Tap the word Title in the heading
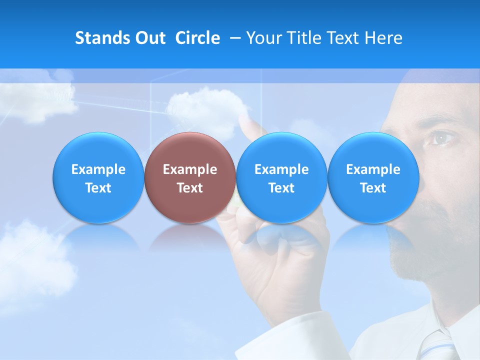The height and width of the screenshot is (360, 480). [306, 38]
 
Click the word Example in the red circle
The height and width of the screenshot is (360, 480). [190, 169]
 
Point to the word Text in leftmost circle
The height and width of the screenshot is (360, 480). [98, 188]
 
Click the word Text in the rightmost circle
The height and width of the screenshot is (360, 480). [373, 188]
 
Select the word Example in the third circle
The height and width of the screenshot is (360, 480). [281, 169]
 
